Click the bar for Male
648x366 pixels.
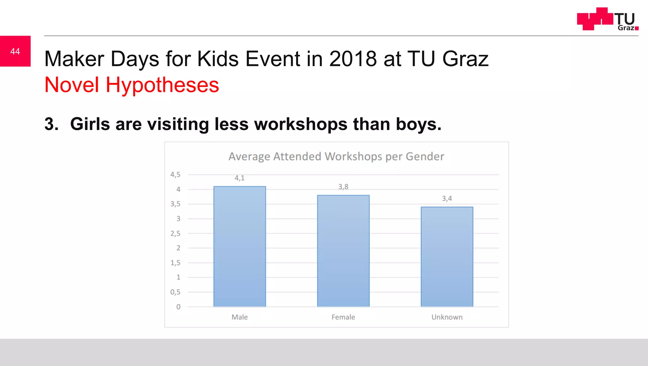click(x=240, y=247)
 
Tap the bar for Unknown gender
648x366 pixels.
click(x=447, y=257)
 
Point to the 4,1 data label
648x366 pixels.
click(x=240, y=178)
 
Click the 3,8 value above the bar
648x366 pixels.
click(x=343, y=187)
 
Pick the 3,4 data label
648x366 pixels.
click(x=447, y=198)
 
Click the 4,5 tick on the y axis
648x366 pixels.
click(x=175, y=174)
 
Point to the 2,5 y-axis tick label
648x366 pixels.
click(x=175, y=234)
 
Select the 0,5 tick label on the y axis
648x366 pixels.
click(x=175, y=292)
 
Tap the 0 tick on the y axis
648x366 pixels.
click(x=178, y=307)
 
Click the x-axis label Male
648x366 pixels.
click(x=240, y=317)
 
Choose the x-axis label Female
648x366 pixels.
click(x=343, y=317)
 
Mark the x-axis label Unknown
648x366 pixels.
click(x=447, y=317)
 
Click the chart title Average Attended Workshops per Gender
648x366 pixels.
click(x=336, y=156)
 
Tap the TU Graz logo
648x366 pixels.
click(x=607, y=19)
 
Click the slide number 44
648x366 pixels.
click(x=15, y=51)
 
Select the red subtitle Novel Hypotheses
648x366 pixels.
click(x=132, y=85)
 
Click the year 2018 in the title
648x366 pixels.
click(x=353, y=59)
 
